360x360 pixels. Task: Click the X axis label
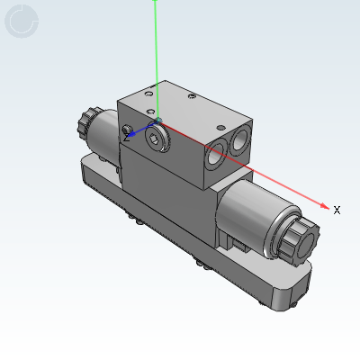[x=337, y=210]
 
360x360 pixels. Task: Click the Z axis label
[x=127, y=138]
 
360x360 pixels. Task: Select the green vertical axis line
[x=156, y=54]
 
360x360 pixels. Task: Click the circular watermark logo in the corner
[x=22, y=22]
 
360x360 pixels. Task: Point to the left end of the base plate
[x=88, y=166]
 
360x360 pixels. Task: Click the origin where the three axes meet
[x=157, y=120]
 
